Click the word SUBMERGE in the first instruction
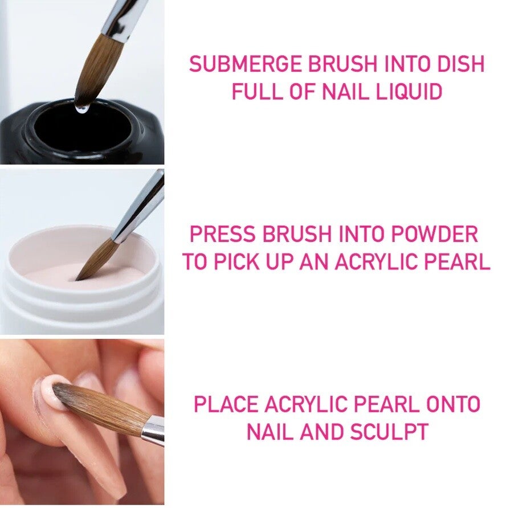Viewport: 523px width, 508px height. coord(246,64)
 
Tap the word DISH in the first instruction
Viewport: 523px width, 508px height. coord(460,64)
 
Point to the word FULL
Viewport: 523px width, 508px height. coord(257,92)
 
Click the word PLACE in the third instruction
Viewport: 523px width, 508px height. coord(227,404)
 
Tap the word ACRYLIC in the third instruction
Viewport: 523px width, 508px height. coord(305,404)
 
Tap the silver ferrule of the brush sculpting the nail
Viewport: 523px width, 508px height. coord(153,431)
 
